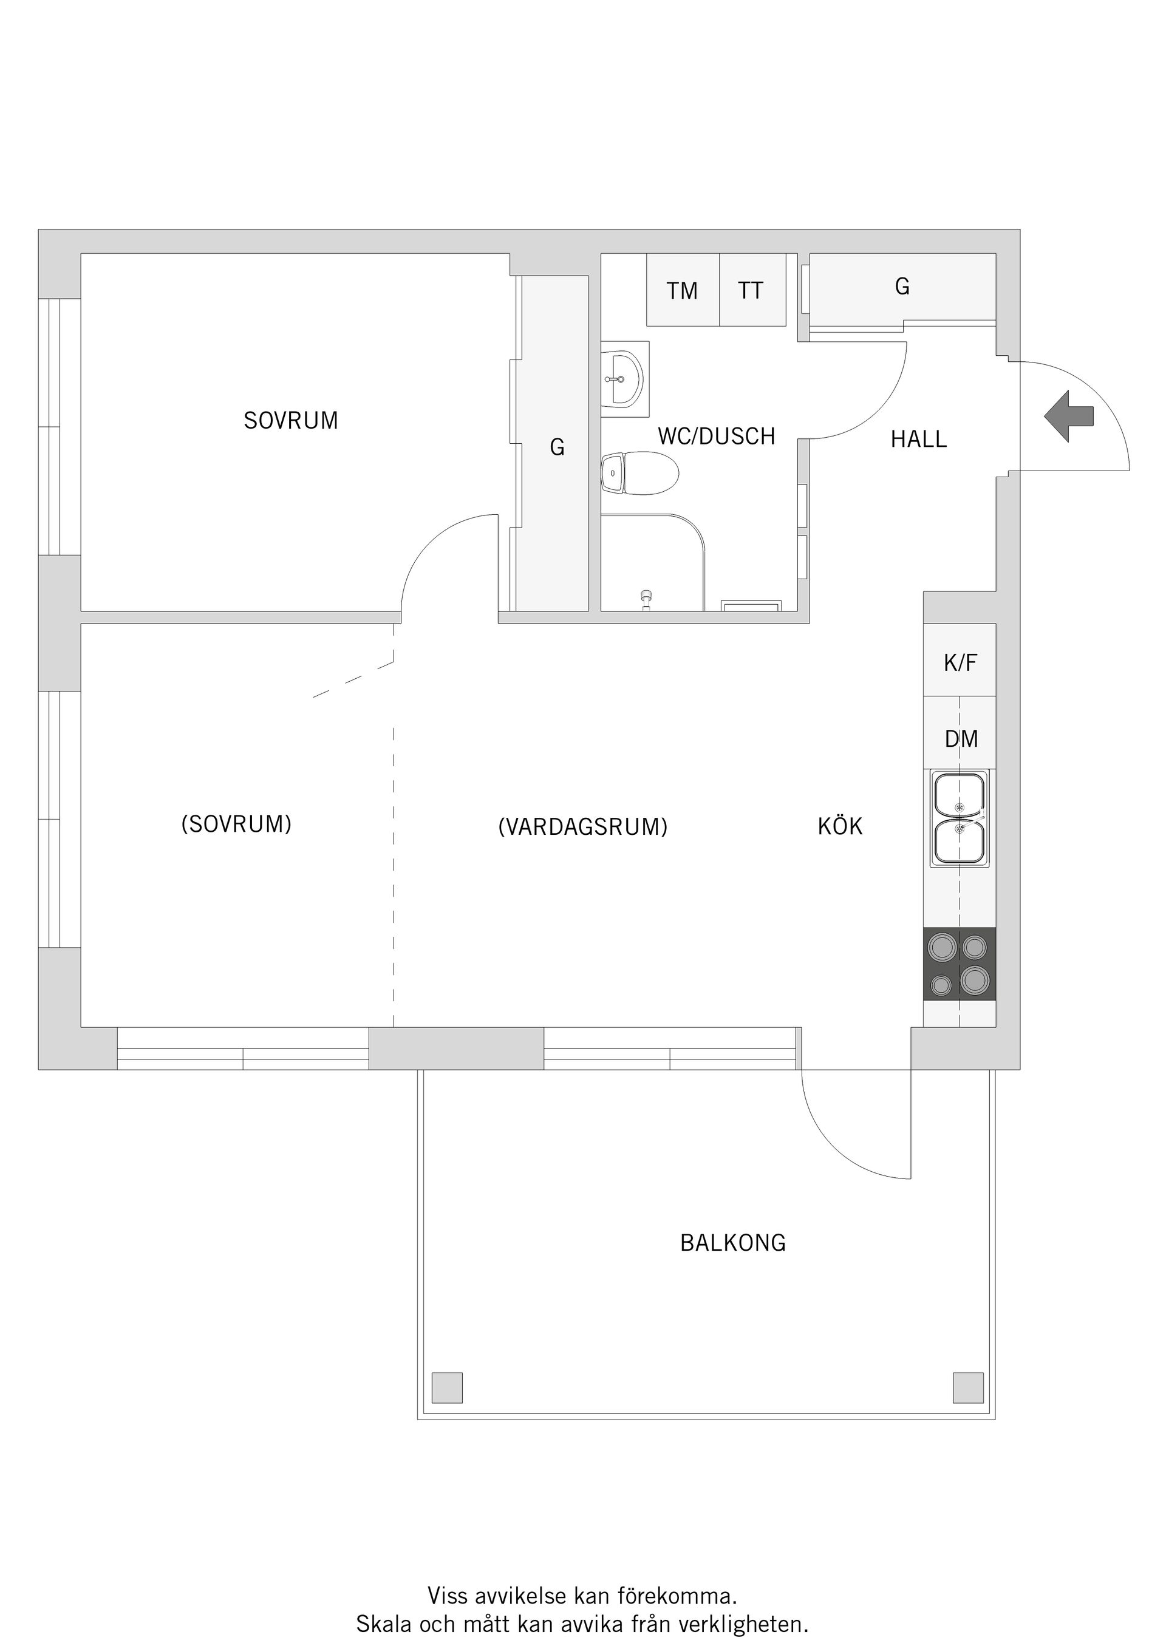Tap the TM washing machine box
[x=682, y=290]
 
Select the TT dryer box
[x=751, y=290]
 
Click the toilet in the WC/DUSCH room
[x=639, y=474]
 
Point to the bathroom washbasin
[x=624, y=378]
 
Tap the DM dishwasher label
[x=961, y=738]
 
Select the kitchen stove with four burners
[x=959, y=964]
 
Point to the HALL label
[x=918, y=439]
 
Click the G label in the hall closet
[x=902, y=287]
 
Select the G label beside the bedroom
[x=557, y=447]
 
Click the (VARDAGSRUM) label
[x=582, y=827]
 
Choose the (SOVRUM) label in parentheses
[x=236, y=824]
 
